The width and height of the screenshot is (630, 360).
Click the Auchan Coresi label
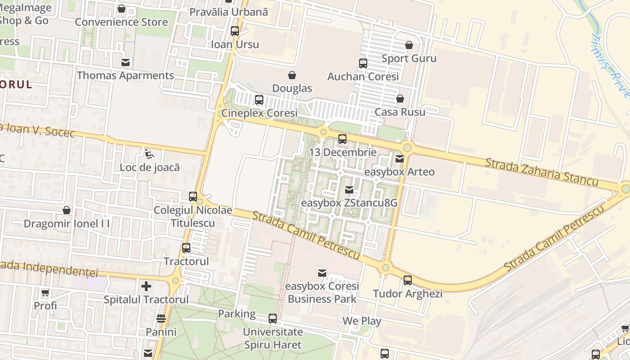(363, 76)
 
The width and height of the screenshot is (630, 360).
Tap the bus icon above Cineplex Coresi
(259, 100)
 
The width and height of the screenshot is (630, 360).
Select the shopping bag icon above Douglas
(292, 75)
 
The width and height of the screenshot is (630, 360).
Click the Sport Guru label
(409, 58)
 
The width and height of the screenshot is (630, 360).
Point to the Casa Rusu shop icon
(400, 99)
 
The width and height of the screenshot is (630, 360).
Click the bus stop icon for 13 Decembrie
(342, 139)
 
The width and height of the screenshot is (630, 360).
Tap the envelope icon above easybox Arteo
(399, 158)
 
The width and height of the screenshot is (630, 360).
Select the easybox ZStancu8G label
(349, 203)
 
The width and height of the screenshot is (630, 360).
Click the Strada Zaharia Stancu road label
(541, 171)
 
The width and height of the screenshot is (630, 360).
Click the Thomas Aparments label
(126, 76)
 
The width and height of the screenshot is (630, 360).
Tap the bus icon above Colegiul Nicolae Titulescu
(193, 197)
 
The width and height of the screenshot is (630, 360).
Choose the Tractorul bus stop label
(186, 261)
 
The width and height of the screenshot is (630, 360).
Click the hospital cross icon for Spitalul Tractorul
(146, 286)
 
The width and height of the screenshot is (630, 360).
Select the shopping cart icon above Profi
(45, 293)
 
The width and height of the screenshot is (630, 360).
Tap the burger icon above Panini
(161, 319)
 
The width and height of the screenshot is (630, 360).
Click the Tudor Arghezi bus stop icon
(408, 280)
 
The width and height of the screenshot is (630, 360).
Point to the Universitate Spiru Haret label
(273, 338)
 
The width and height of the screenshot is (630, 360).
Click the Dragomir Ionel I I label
(67, 224)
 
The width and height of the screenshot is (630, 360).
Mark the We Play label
(362, 321)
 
